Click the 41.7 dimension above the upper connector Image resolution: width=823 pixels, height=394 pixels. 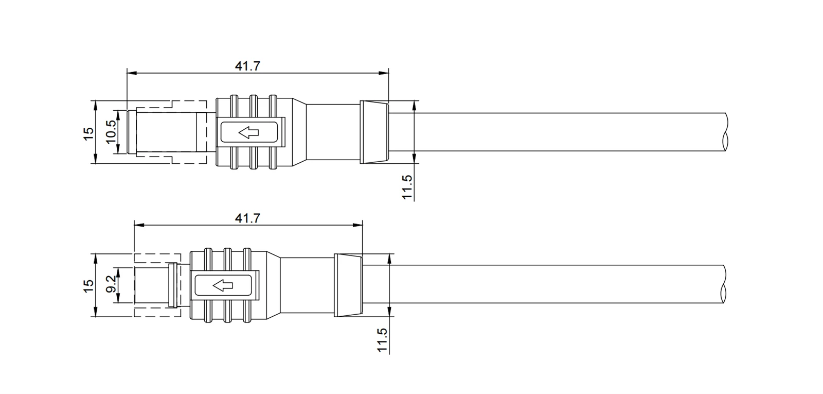[x=247, y=66]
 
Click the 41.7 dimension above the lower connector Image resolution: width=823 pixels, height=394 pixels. [x=247, y=218]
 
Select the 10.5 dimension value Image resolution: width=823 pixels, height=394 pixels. [x=111, y=132]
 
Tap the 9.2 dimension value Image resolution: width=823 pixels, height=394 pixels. [x=111, y=284]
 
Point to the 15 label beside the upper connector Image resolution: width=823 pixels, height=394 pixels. [x=88, y=133]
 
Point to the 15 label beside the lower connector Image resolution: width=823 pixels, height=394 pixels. [x=88, y=286]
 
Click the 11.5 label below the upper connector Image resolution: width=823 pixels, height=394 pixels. [x=407, y=187]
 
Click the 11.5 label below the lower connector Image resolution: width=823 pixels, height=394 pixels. [x=383, y=340]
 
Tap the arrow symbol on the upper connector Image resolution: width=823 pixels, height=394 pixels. [x=249, y=132]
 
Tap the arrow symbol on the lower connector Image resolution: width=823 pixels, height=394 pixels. [x=223, y=285]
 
